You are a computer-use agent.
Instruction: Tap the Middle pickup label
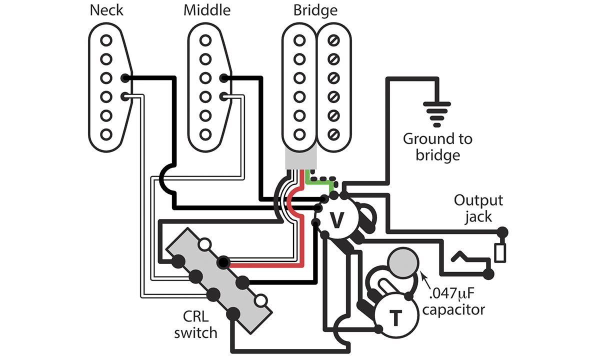point(207,10)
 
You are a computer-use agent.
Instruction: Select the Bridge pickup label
point(315,10)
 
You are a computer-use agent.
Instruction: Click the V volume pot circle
point(338,219)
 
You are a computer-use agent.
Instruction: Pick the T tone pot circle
point(394,316)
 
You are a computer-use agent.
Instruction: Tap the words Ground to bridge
point(437,146)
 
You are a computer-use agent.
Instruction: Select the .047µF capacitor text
point(452,301)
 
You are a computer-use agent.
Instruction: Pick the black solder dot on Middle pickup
point(224,78)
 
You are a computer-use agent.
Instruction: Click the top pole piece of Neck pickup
point(105,40)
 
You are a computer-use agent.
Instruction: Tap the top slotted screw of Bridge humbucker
point(333,40)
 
